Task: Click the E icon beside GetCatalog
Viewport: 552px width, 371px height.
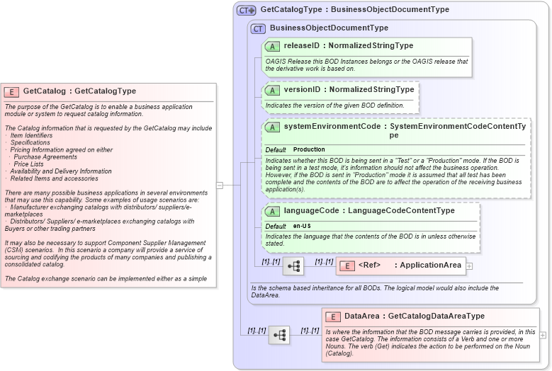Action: click(x=12, y=91)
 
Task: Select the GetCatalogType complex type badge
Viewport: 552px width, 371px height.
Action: click(x=246, y=10)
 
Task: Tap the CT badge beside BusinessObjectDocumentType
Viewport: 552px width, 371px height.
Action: click(x=259, y=28)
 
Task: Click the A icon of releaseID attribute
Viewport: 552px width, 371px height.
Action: click(x=272, y=46)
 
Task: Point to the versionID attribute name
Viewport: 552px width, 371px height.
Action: click(x=301, y=90)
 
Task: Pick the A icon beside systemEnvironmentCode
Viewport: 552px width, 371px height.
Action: click(x=272, y=127)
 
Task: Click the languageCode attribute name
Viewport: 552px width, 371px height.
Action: click(x=309, y=211)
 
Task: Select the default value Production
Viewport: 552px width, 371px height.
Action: click(x=309, y=150)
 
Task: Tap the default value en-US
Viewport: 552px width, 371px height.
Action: click(x=303, y=226)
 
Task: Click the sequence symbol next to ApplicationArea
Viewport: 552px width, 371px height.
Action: click(x=293, y=266)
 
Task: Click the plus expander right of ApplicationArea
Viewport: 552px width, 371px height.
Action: click(x=469, y=266)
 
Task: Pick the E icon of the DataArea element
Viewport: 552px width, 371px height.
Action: click(x=333, y=316)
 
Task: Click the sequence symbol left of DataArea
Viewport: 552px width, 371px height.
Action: click(x=279, y=335)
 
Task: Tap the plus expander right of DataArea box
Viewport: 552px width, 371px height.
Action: click(x=543, y=335)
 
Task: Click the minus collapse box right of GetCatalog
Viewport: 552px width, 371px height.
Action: click(x=220, y=185)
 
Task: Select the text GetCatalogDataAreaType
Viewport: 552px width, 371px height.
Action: click(x=436, y=316)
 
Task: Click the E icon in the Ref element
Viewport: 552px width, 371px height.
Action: click(x=347, y=266)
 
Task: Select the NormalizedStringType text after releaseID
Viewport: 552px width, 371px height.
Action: click(x=371, y=46)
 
